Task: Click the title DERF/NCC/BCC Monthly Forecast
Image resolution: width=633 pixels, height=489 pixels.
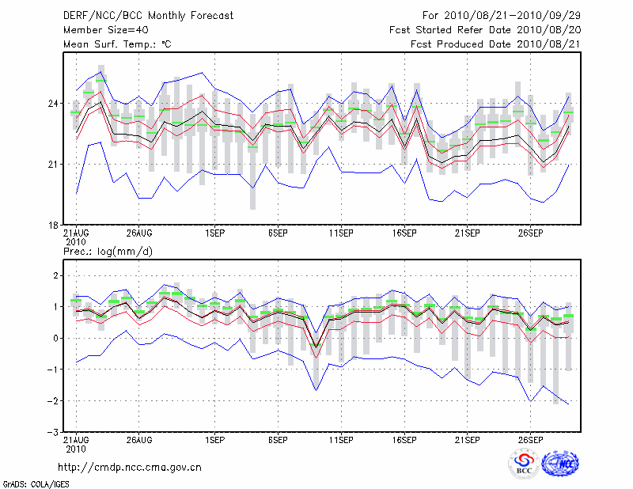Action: (148, 15)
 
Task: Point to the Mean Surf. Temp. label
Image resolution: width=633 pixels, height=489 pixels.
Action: (117, 44)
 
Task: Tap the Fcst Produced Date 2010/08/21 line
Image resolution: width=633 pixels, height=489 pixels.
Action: (495, 44)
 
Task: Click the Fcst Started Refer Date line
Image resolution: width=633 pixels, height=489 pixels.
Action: (485, 29)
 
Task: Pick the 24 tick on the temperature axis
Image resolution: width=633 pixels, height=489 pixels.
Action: (53, 104)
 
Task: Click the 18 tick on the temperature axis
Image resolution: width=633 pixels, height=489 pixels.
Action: (53, 225)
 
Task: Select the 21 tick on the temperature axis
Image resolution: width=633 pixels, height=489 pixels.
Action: (53, 164)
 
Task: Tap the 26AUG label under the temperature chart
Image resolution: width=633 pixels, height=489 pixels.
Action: (138, 234)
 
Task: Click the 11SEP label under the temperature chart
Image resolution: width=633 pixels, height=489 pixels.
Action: (340, 234)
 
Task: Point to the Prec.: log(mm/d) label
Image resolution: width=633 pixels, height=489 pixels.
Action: (108, 251)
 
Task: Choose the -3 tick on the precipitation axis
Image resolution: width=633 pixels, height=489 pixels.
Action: (52, 433)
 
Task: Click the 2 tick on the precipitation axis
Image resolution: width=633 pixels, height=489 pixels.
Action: (55, 275)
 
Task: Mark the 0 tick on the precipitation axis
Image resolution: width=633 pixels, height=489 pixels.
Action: (55, 338)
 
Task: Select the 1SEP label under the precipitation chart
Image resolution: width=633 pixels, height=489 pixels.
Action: (214, 439)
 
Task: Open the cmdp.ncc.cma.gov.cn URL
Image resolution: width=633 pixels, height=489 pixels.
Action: (130, 467)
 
